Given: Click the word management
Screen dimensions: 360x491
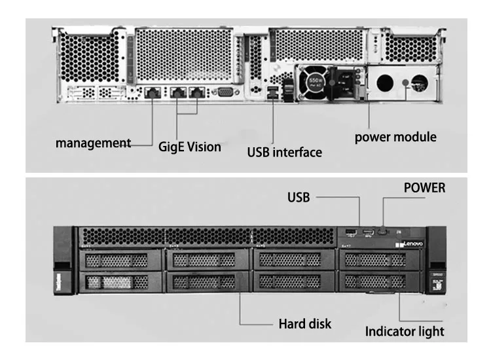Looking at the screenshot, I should tap(93, 142).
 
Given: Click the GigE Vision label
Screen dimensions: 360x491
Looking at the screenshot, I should tap(190, 147).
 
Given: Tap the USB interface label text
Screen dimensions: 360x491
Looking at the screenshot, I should tap(284, 153).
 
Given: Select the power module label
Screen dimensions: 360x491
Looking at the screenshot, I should tap(395, 137).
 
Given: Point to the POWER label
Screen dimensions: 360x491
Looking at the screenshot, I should tap(424, 188).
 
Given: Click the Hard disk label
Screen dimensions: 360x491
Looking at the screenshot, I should tap(305, 323).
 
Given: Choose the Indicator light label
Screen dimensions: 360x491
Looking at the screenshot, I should tap(405, 331).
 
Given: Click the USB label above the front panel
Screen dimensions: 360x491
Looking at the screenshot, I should tap(299, 196).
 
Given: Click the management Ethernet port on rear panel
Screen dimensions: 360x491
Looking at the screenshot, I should tap(153, 92).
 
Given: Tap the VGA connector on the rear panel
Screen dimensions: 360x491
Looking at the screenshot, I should tap(225, 92).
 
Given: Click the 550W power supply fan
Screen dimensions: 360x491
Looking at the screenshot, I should tap(312, 83).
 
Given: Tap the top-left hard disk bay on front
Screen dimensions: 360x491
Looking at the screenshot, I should tap(118, 261).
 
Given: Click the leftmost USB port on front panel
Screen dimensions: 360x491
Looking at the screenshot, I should tap(350, 232).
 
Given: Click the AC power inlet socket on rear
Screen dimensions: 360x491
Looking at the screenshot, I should tap(344, 84).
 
